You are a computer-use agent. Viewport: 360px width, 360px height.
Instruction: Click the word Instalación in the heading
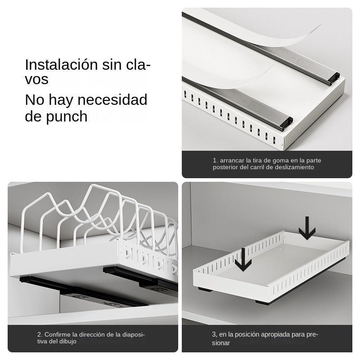pos(61,64)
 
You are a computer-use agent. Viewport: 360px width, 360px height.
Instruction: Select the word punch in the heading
pos(67,117)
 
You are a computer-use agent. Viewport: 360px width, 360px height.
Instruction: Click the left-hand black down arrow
pos(243,260)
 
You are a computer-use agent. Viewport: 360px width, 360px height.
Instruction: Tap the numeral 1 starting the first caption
pos(215,160)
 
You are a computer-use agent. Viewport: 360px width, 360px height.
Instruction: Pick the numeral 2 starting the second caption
pos(39,334)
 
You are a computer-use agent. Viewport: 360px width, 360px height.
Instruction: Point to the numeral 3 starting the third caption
pos(214,334)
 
